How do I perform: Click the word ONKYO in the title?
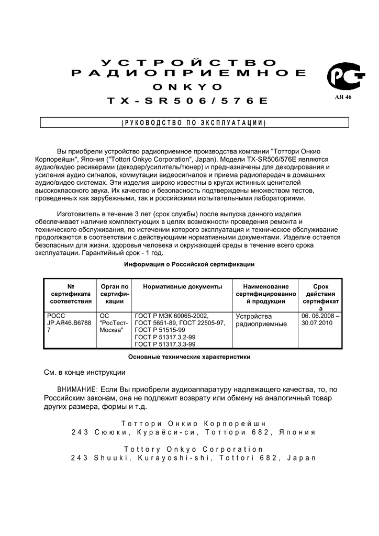click(x=189, y=86)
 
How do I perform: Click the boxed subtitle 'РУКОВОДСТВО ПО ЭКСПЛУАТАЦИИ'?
click(x=194, y=123)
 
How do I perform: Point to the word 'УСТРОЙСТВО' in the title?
click(x=189, y=63)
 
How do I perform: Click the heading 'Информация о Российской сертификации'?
click(x=189, y=264)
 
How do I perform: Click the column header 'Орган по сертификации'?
click(x=114, y=294)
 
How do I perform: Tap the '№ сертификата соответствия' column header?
click(x=71, y=294)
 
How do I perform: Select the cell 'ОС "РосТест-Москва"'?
click(x=113, y=323)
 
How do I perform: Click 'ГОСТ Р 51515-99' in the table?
click(x=160, y=330)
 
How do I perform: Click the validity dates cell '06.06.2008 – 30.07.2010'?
click(x=320, y=320)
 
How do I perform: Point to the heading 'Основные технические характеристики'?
click(x=189, y=357)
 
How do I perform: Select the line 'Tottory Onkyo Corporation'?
click(x=193, y=449)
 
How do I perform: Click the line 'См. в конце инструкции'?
click(x=84, y=372)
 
